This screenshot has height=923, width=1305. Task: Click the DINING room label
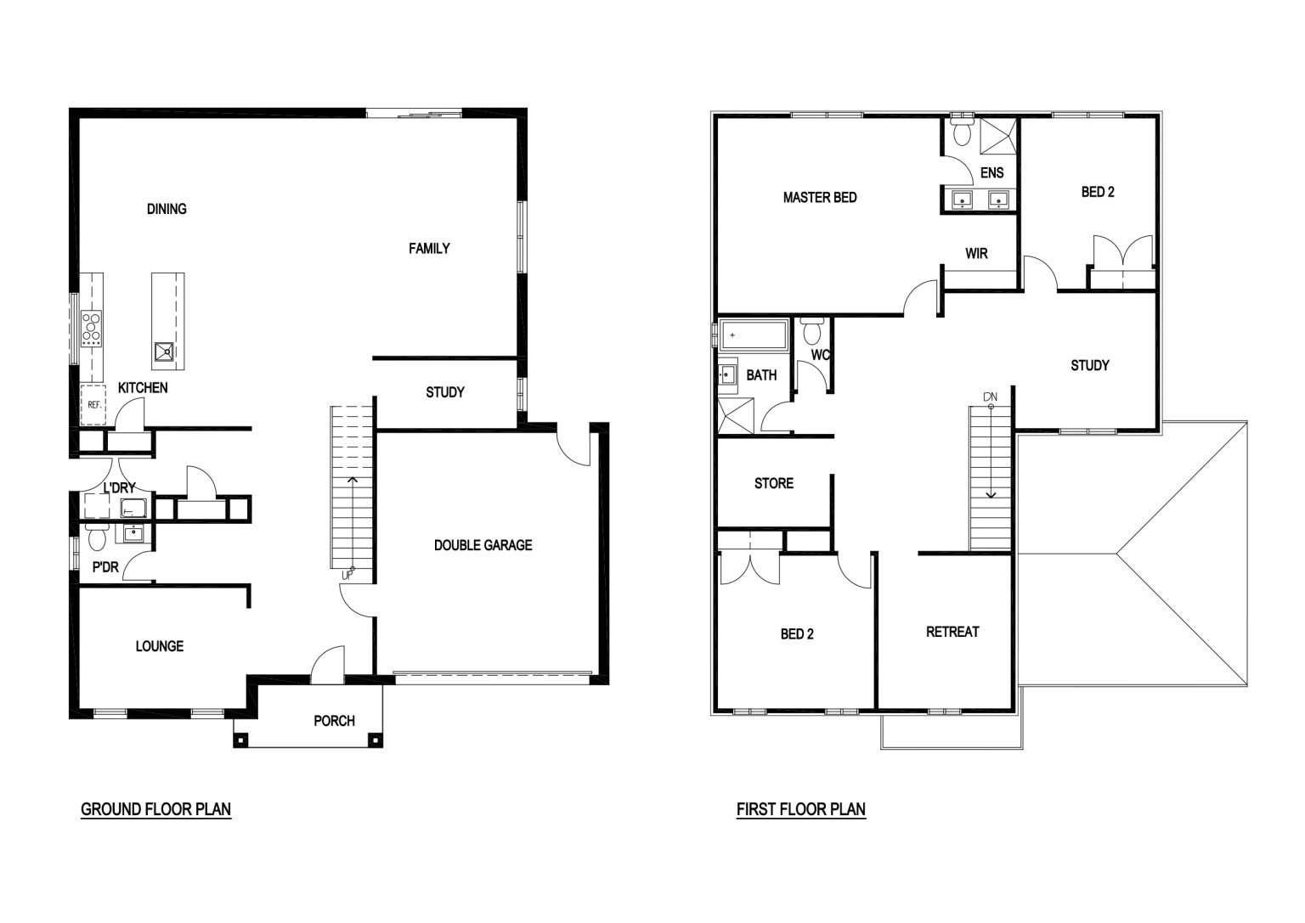tap(167, 209)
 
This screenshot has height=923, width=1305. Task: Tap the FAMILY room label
tap(429, 249)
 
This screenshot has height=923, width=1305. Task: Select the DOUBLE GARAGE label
tap(483, 545)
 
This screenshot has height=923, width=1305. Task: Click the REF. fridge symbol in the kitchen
tap(93, 404)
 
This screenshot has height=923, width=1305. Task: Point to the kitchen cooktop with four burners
tap(92, 329)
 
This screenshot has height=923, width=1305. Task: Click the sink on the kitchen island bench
tap(164, 352)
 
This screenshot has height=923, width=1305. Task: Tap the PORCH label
tap(335, 721)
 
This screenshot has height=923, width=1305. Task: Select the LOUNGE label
tap(160, 646)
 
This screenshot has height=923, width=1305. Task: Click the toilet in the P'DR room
tap(97, 537)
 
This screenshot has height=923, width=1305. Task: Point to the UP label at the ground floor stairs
tap(347, 576)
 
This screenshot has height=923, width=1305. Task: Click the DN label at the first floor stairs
tap(991, 397)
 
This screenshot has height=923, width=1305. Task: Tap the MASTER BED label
tap(820, 197)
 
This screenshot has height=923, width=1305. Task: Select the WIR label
tap(976, 253)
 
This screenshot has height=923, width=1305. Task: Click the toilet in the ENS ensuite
tap(962, 131)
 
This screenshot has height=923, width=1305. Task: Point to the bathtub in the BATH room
tap(754, 335)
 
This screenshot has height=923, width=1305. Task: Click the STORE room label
tap(774, 483)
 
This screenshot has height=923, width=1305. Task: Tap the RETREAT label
tap(952, 632)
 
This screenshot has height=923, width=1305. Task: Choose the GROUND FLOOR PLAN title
tap(156, 809)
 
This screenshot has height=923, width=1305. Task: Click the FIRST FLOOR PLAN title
tap(801, 809)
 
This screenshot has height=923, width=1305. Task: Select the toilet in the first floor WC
tap(811, 331)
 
